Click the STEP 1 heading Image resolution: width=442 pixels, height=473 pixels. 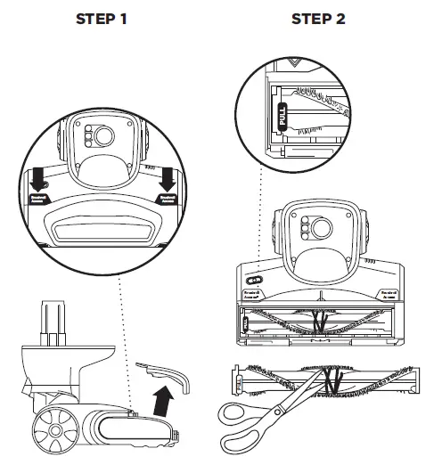(107, 20)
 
